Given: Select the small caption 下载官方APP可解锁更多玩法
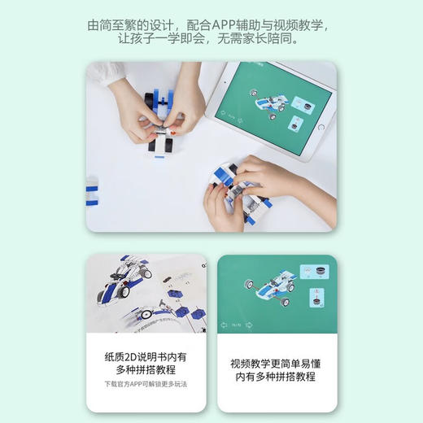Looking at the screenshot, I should (x=146, y=383).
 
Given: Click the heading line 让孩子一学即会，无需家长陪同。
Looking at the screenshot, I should (x=211, y=38).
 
